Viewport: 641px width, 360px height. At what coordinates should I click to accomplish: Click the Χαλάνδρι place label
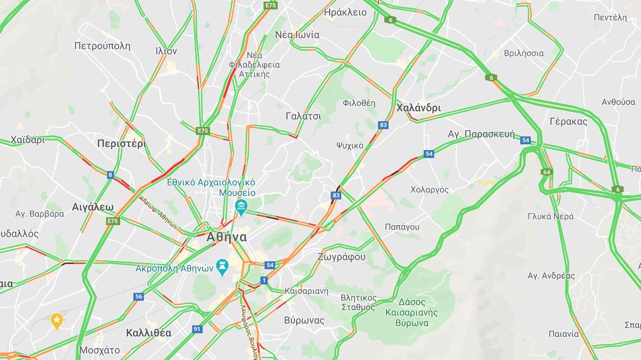point(418,108)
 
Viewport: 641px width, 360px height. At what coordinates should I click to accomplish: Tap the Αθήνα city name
point(226,237)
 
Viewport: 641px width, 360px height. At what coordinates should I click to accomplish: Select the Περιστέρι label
point(121,144)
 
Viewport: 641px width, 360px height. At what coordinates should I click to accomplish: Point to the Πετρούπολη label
point(102,46)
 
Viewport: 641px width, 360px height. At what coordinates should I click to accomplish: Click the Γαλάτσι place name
point(303,116)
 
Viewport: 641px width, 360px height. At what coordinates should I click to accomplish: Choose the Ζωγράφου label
point(341,257)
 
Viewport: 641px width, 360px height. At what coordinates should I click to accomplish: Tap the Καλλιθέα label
point(149,333)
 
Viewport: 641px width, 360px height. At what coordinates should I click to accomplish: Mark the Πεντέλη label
point(610,17)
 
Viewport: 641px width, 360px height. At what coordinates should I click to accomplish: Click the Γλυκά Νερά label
point(551,216)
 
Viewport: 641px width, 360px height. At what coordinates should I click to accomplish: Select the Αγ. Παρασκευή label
point(481,134)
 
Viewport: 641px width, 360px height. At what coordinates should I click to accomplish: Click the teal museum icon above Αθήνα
point(241,205)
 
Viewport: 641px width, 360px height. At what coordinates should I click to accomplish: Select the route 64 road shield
point(547,172)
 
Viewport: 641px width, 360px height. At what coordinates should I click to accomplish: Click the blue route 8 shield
point(110,175)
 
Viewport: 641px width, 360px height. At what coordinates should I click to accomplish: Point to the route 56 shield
point(139,297)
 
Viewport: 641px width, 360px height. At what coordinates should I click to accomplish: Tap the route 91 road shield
point(197,329)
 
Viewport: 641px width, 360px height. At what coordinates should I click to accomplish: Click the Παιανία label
point(564,334)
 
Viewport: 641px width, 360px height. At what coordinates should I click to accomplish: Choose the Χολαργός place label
point(429,189)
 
